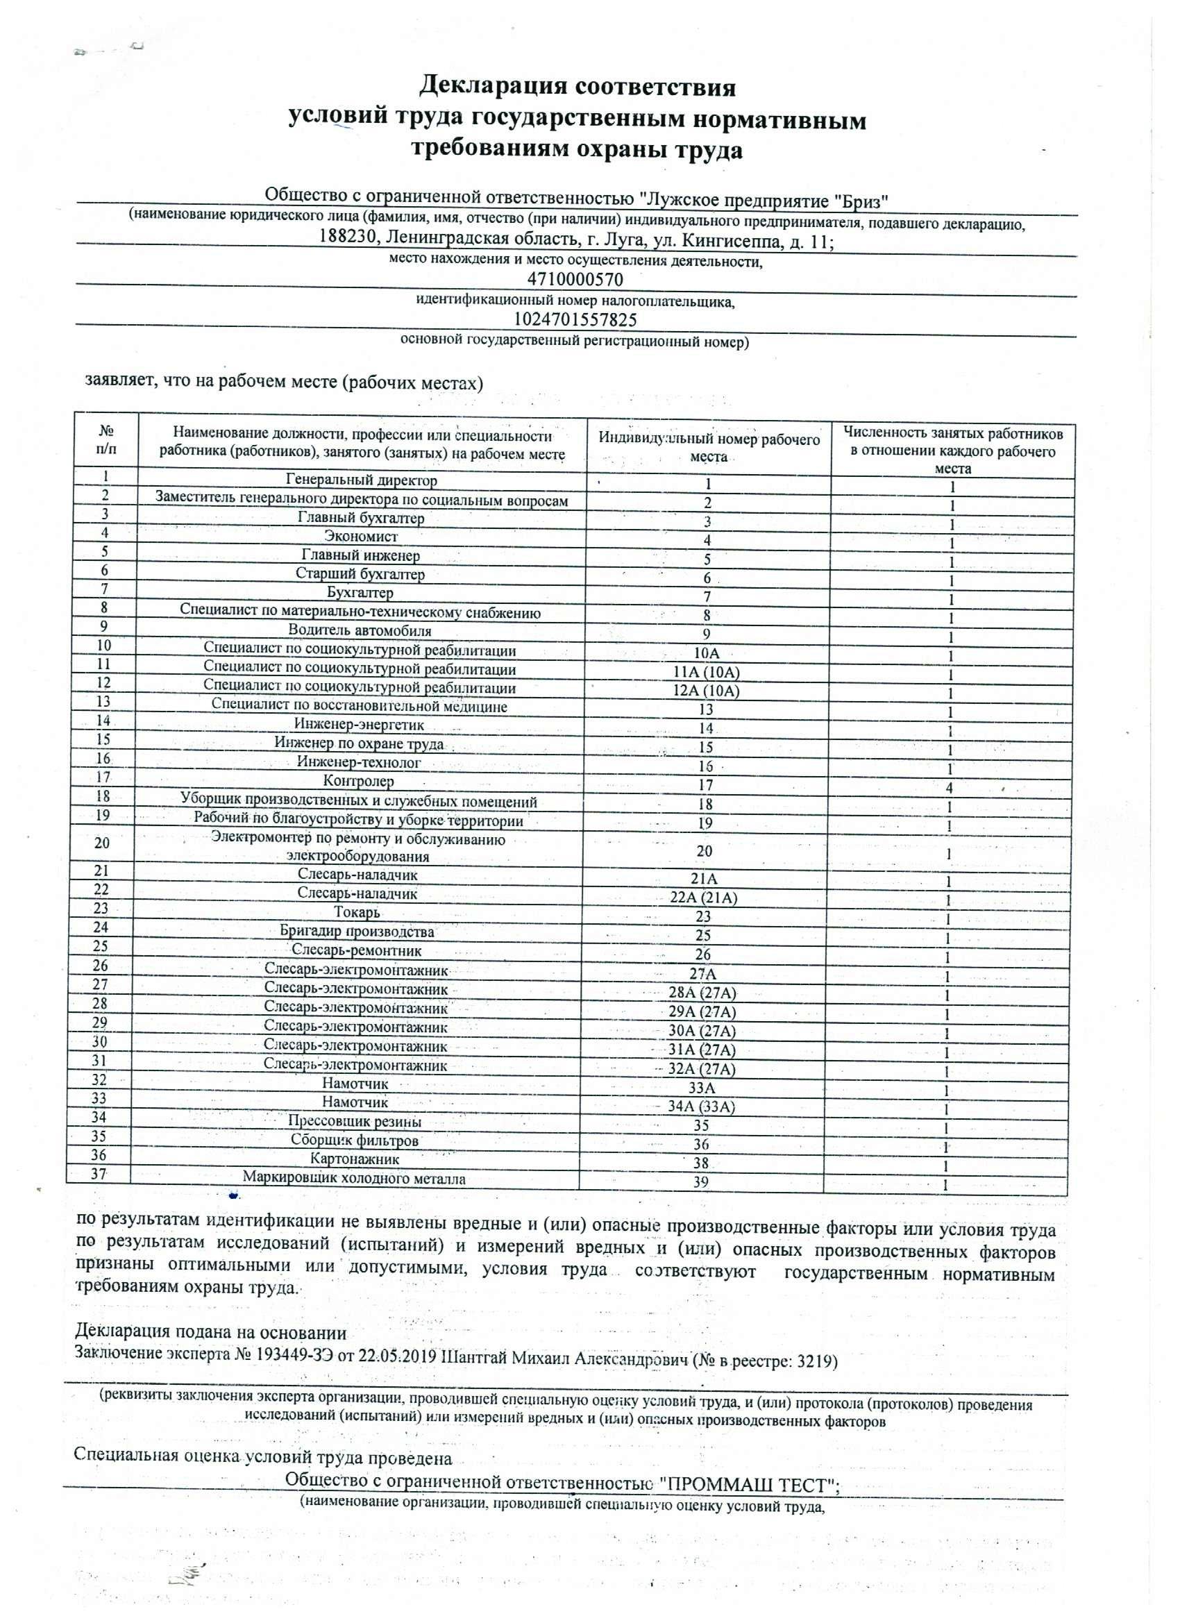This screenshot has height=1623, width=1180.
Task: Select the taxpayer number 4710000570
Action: [575, 279]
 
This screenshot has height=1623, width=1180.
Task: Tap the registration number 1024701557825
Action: [575, 319]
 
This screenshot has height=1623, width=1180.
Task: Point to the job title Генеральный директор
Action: [362, 480]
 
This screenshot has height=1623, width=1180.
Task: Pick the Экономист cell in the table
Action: [361, 536]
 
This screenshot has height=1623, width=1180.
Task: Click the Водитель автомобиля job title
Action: [360, 630]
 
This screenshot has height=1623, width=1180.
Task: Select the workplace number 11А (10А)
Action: [707, 672]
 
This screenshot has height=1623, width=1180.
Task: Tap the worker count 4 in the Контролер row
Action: [950, 788]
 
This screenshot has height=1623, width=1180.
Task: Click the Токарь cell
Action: [356, 912]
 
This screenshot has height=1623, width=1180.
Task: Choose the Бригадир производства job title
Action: [357, 932]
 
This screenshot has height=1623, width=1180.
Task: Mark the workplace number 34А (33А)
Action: [701, 1107]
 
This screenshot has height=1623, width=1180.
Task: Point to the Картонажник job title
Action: [355, 1159]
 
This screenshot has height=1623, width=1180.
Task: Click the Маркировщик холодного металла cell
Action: [354, 1178]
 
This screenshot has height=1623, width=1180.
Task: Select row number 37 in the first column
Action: [99, 1174]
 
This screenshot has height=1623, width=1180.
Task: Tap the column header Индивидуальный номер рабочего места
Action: [709, 447]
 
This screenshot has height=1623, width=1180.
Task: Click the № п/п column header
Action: [107, 440]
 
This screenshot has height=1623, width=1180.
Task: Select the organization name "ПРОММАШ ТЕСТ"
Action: [748, 1485]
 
